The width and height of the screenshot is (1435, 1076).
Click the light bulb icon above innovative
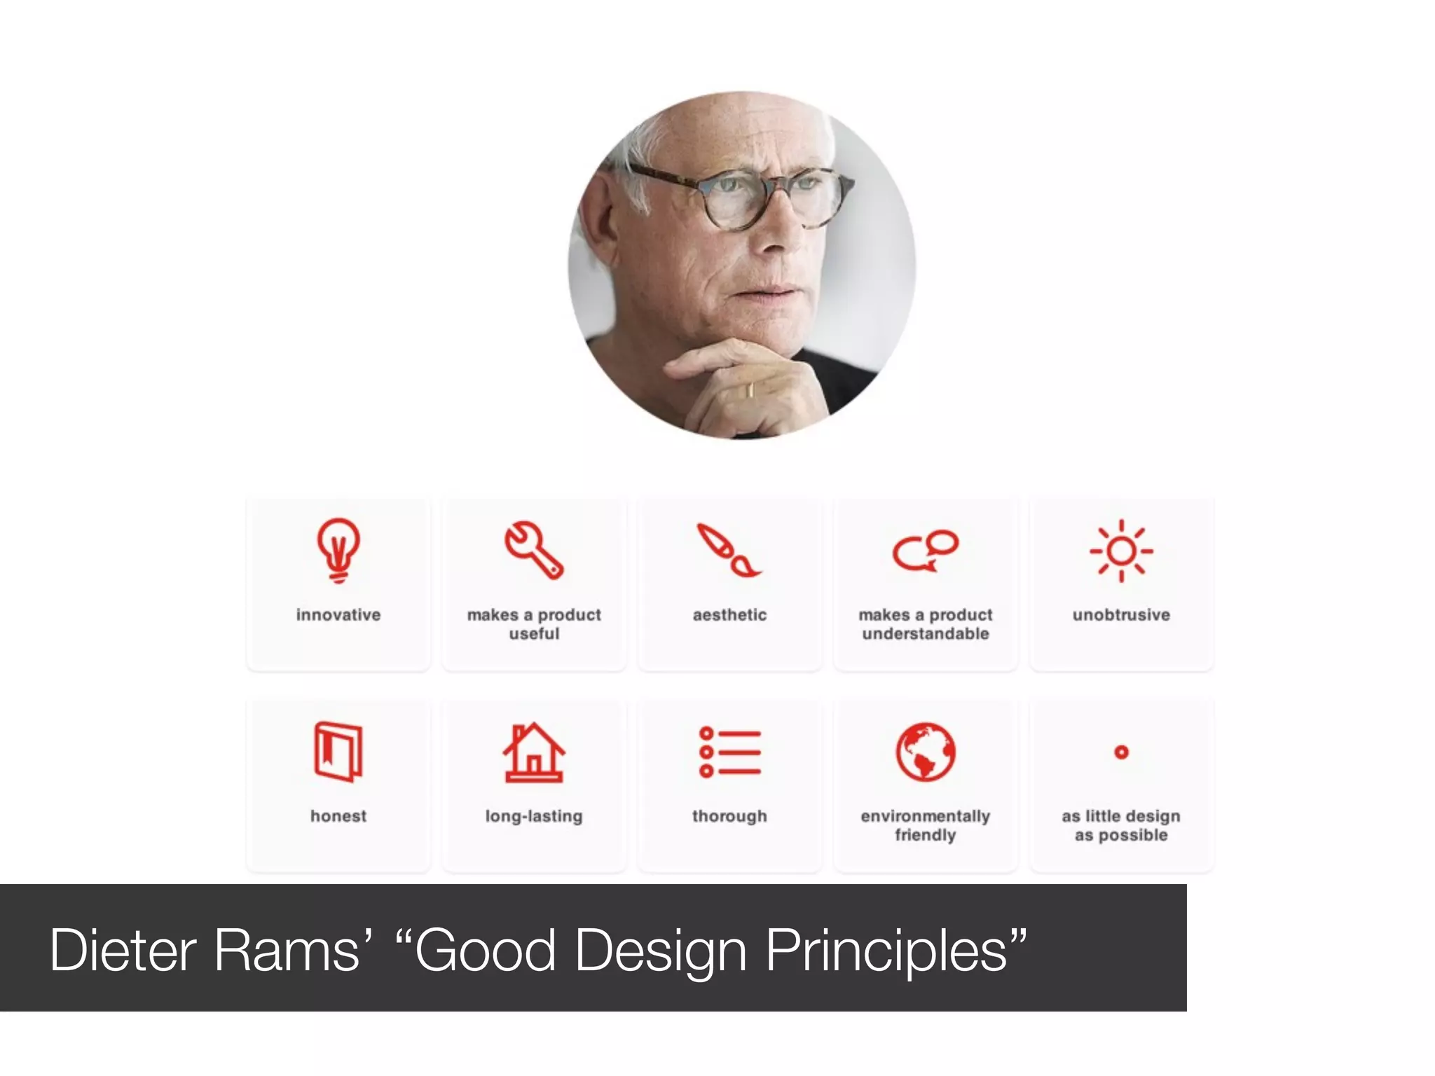[338, 550]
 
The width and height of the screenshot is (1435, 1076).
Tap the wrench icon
[534, 550]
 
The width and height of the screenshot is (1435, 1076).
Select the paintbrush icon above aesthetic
[729, 551]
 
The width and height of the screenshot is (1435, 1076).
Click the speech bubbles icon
[925, 551]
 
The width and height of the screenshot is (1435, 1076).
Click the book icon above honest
[338, 752]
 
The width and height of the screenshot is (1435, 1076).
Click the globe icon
[925, 752]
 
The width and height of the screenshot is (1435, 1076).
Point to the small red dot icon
[1121, 752]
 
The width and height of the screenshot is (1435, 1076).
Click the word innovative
[338, 615]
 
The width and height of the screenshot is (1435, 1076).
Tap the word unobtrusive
[1121, 615]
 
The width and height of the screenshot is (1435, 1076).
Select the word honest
[338, 816]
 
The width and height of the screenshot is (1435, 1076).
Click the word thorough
[729, 816]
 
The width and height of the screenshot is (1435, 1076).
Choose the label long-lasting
[534, 816]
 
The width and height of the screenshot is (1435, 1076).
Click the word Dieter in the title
[123, 951]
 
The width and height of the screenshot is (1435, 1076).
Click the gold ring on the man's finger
[750, 390]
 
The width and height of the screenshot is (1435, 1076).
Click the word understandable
[925, 634]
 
